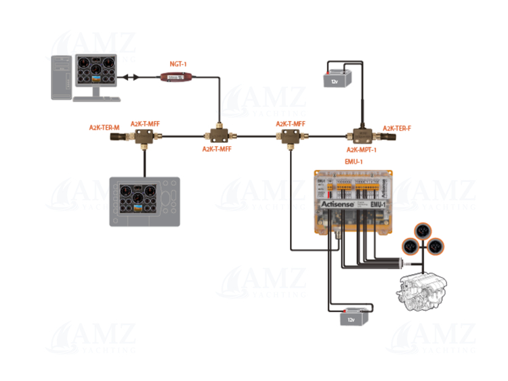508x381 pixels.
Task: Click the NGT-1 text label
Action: pos(177,64)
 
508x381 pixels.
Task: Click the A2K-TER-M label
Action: pos(104,127)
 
